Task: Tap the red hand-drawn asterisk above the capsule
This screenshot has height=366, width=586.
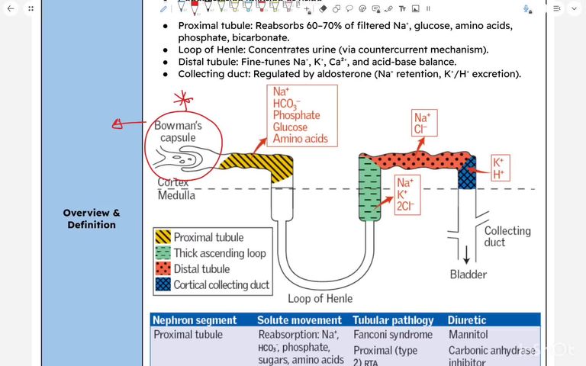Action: click(181, 99)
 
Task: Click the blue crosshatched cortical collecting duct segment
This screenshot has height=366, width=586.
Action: click(466, 169)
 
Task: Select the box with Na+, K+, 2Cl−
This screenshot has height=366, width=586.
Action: click(407, 195)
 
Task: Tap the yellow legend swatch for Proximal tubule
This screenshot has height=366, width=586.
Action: click(163, 237)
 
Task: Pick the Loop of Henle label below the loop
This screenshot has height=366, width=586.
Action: click(320, 298)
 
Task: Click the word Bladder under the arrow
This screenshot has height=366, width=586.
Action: click(468, 274)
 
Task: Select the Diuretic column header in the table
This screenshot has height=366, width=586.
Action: click(467, 320)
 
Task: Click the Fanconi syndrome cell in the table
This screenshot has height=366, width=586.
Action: click(392, 335)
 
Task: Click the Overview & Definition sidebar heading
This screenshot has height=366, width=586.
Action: click(92, 219)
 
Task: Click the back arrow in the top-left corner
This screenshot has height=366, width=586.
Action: click(9, 8)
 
